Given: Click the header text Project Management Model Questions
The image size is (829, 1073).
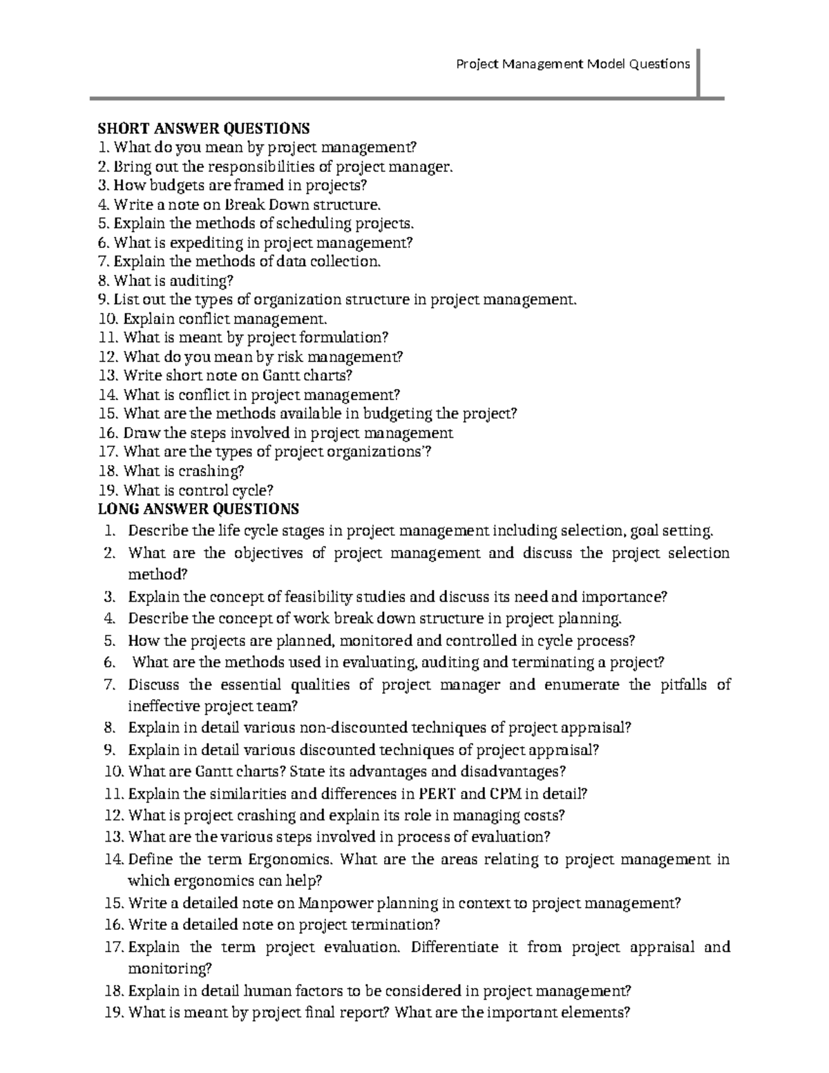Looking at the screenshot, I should coord(573,64).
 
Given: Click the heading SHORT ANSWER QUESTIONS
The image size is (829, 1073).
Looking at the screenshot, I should coord(203,129).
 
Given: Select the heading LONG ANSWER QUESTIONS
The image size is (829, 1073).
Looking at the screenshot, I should coord(198,509).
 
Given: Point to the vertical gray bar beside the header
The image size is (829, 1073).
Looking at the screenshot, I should coord(699,73).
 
